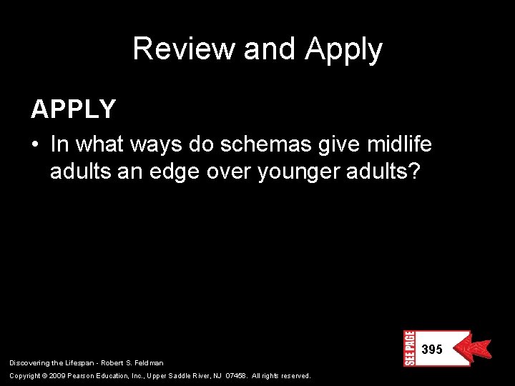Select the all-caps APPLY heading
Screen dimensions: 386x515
click(x=73, y=109)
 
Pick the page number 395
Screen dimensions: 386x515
click(x=431, y=350)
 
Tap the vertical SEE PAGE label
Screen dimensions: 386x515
click(x=409, y=348)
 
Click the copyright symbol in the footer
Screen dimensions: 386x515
click(x=44, y=376)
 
